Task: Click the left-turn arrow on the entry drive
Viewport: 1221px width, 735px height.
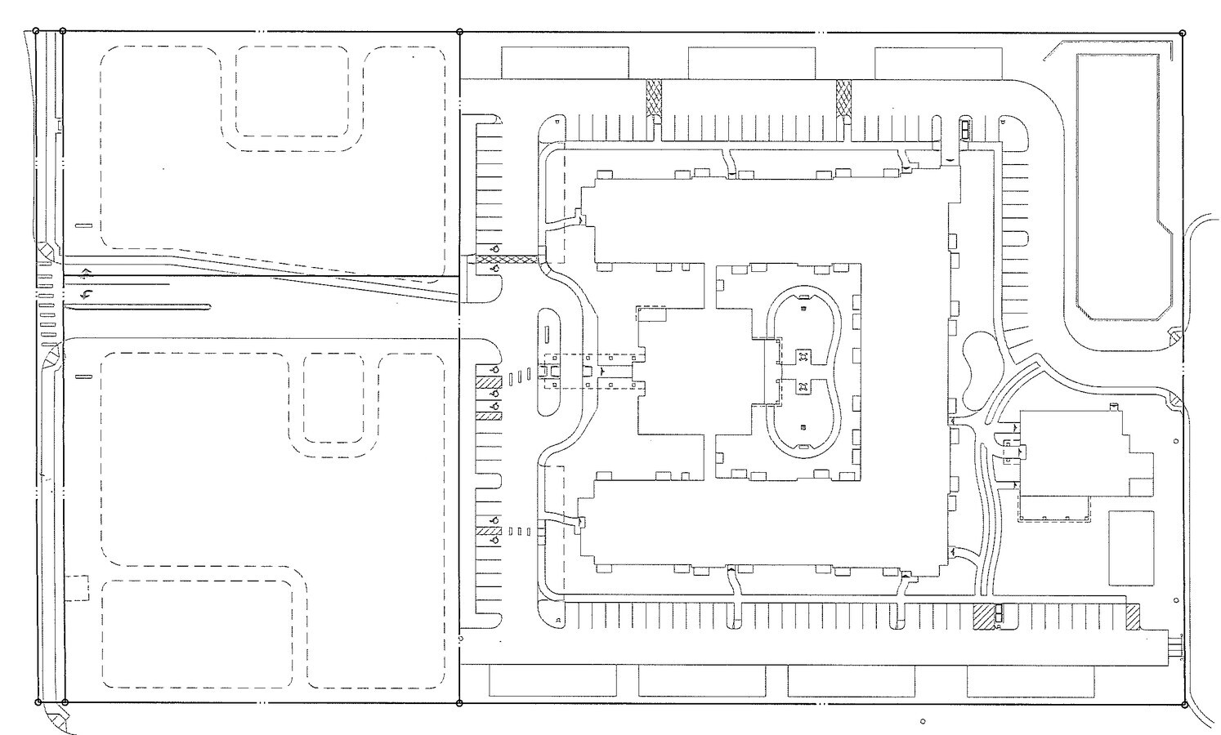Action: click(86, 293)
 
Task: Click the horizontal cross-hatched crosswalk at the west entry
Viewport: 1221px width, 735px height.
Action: click(508, 261)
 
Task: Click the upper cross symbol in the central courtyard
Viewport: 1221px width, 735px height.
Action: click(803, 356)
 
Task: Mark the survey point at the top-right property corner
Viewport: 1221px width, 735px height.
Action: click(1183, 32)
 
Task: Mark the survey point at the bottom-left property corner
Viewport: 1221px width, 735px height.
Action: click(37, 702)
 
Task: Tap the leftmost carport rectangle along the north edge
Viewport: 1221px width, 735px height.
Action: click(565, 63)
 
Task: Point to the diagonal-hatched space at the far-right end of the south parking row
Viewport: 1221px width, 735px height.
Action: click(1133, 617)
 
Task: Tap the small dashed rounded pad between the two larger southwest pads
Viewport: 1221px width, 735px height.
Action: click(333, 398)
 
